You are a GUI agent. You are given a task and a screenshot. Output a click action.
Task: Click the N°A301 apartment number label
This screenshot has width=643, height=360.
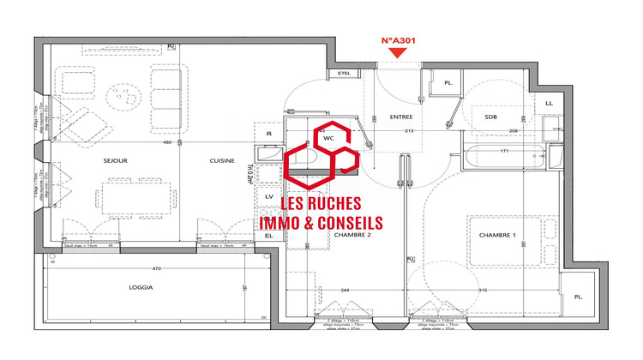tap(397, 39)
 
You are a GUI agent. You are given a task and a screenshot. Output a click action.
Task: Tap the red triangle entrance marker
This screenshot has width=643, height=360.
tap(397, 54)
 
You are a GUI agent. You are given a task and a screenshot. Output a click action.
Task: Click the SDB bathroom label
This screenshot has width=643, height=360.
tap(490, 117)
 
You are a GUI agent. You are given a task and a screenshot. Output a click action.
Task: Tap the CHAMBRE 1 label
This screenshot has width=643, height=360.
tap(496, 235)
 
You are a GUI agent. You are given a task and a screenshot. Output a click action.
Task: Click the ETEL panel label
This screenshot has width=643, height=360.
tap(346, 74)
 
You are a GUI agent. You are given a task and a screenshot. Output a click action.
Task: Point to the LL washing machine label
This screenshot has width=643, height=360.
tap(549, 103)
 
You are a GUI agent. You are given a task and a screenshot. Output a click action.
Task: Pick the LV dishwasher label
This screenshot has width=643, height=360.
tap(269, 196)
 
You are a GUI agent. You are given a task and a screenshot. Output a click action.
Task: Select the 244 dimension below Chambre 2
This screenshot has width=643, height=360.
tap(343, 290)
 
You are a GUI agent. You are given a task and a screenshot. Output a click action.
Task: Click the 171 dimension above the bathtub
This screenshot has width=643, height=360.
tap(506, 152)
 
